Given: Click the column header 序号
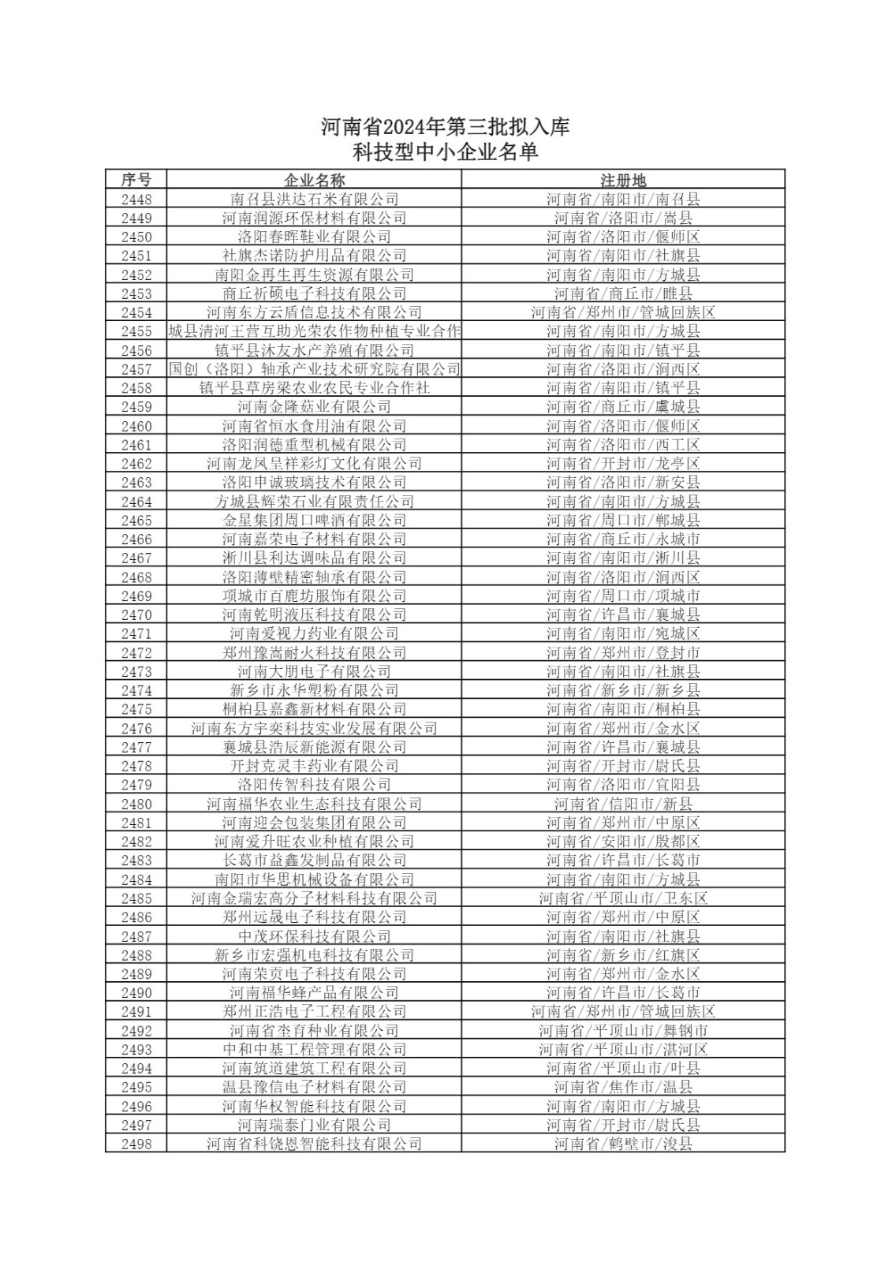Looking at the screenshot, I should point(136,180).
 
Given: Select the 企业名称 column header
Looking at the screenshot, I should point(314,180).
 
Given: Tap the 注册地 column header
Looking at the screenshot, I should point(623,180).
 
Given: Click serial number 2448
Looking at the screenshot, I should point(136,200).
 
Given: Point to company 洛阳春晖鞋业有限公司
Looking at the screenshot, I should point(314,237).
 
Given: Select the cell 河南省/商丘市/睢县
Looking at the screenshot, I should point(623,293).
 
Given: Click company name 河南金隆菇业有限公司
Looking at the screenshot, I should point(314,407).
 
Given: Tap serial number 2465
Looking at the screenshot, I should point(136,521).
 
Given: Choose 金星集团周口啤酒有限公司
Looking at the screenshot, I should point(314,521).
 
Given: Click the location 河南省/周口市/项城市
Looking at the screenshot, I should point(623,596).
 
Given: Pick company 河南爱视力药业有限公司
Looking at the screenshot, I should point(314,633).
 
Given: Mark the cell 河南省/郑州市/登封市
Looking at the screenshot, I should point(623,652).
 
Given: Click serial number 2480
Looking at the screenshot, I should point(136,804).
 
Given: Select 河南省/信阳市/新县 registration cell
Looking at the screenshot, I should point(623,804).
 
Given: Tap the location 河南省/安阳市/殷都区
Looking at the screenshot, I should point(623,842).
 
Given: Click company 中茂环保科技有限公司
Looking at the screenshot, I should point(314,936).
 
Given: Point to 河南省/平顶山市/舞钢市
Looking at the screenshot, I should point(623,1030).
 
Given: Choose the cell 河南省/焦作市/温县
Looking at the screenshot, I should point(623,1087).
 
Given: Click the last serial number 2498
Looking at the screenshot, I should point(136,1144).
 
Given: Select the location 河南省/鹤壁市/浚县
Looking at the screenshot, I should point(623,1144).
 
